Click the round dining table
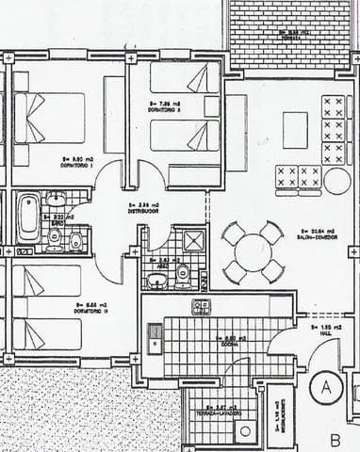(253, 251)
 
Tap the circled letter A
(327, 387)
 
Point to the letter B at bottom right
(335, 440)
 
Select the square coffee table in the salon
(295, 130)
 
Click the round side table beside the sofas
(335, 181)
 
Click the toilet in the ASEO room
(185, 276)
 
